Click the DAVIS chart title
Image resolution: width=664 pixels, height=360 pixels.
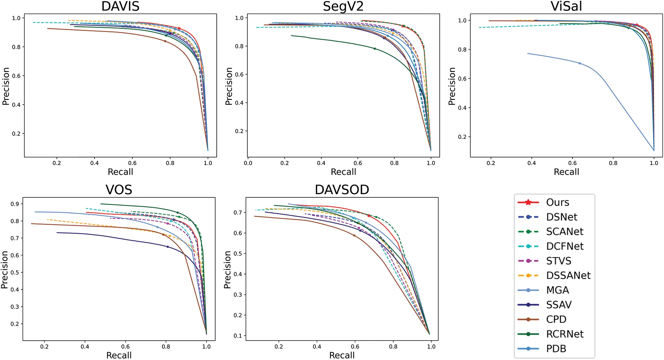[x=120, y=7]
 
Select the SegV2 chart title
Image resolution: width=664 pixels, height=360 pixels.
[x=343, y=7]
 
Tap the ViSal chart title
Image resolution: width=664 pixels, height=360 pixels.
[x=566, y=7]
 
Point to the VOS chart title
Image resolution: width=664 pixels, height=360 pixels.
[x=119, y=190]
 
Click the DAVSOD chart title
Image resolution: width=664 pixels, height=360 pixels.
[x=342, y=190]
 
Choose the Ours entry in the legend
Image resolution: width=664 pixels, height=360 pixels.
[x=557, y=203]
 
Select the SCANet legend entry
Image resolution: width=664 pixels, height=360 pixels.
[x=565, y=232]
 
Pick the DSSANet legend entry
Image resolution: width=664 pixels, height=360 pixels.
[x=568, y=275]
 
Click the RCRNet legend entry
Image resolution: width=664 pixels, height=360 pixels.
[x=565, y=334]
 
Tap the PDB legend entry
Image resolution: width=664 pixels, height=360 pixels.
[x=556, y=349]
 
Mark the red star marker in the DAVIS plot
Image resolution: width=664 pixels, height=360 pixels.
[x=179, y=29]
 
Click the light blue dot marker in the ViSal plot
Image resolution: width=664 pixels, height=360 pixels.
[x=579, y=63]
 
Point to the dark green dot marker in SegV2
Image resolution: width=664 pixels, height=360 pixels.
[x=375, y=49]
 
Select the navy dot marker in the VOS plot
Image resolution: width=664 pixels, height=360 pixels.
[x=168, y=247]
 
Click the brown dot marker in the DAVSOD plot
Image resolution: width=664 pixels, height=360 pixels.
[x=354, y=236]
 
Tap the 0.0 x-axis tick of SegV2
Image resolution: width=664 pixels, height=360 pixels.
[x=248, y=163]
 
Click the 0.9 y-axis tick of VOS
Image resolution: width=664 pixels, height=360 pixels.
[x=14, y=204]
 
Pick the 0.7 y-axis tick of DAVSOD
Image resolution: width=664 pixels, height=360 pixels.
[x=238, y=212]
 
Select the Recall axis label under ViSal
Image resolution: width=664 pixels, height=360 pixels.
[x=566, y=172]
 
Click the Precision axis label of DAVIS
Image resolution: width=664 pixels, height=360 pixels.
[x=6, y=86]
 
